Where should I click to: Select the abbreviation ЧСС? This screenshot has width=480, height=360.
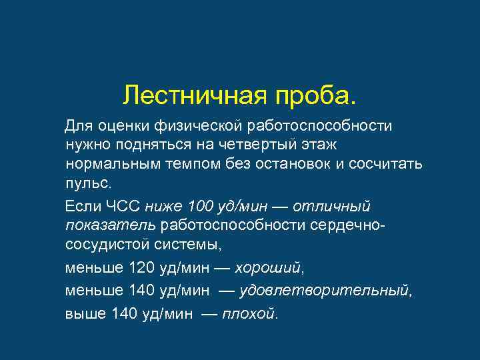point(123,206)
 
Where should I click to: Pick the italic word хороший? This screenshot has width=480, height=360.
point(272,269)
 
